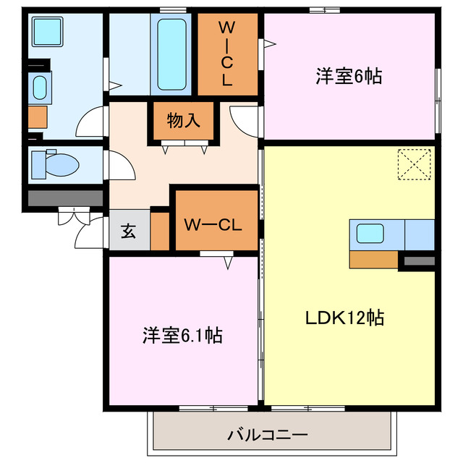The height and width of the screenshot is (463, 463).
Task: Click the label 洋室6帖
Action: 348,75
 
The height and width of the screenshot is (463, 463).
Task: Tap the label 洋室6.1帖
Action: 182,335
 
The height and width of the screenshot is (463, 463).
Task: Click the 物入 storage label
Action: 183,121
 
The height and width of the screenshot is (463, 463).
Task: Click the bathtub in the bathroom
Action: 172,54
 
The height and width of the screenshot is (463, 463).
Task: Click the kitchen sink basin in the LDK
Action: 369,234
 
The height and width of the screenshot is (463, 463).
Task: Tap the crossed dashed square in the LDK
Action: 415,163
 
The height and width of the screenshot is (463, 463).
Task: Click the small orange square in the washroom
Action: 38,116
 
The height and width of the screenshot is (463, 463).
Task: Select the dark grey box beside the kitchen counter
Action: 418,260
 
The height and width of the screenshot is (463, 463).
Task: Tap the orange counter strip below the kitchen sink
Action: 373,258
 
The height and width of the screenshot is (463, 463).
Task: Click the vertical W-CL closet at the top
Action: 226,54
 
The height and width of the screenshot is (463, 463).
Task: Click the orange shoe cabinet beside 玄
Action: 159,229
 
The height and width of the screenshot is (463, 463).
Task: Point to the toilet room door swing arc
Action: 122,168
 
